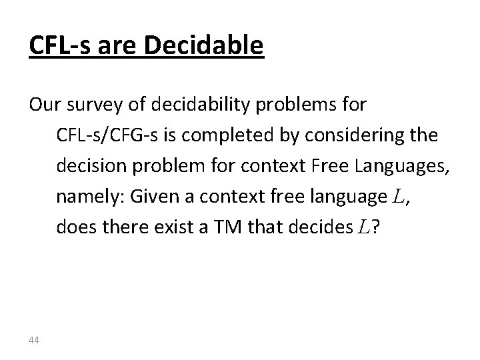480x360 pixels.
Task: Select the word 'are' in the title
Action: point(117,45)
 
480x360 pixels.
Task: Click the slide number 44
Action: point(34,341)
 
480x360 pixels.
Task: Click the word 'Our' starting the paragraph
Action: point(42,105)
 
